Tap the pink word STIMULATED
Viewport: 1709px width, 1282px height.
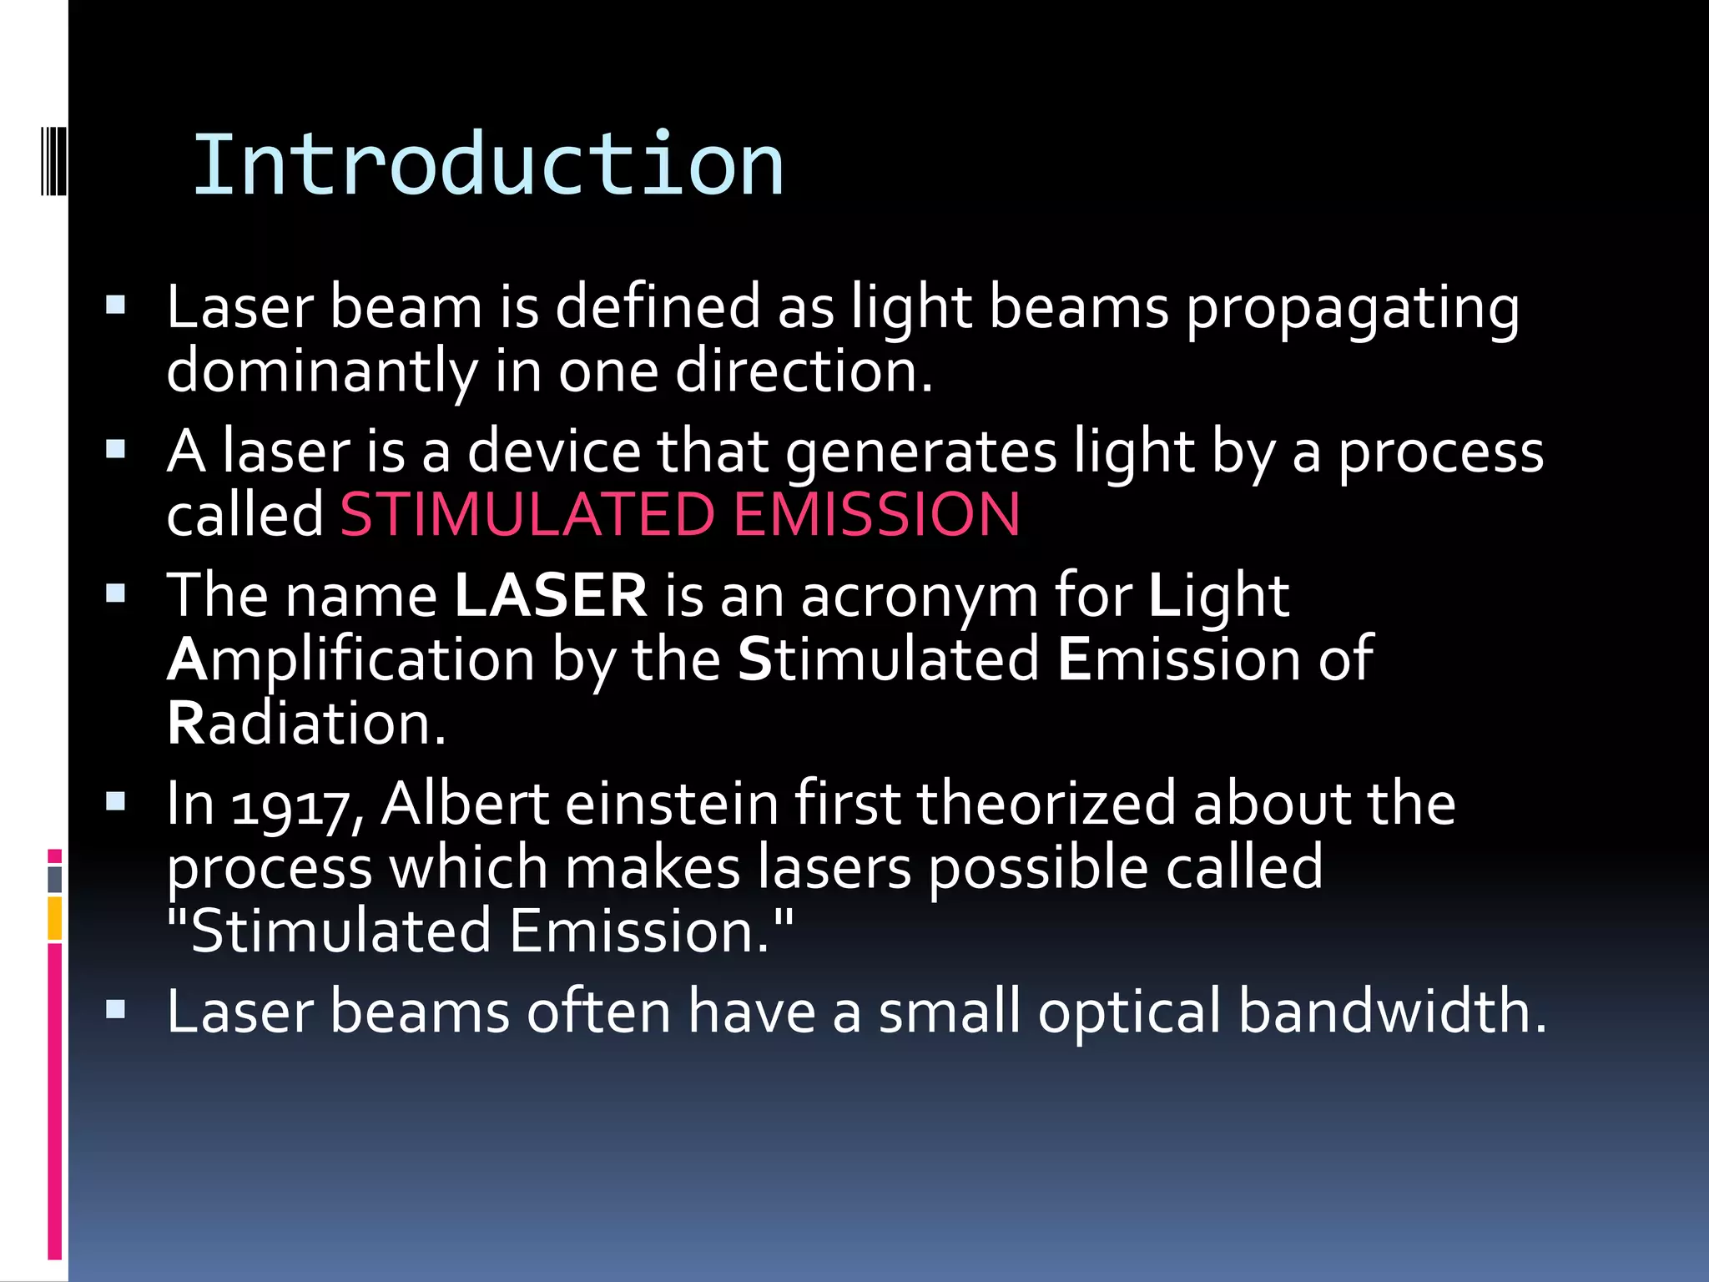click(527, 513)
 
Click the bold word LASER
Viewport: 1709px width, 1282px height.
click(551, 595)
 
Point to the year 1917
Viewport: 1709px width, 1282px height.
click(288, 805)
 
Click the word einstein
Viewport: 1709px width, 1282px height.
click(672, 804)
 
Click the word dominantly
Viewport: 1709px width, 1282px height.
click(321, 371)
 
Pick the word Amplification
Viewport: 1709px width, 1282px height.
click(350, 659)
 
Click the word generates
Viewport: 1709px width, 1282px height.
click(921, 452)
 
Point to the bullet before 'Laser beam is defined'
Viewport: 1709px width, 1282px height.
click(116, 305)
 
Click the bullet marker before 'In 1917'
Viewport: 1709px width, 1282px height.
click(116, 802)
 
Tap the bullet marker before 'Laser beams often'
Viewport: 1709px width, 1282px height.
click(116, 1010)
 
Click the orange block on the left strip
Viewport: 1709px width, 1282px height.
click(55, 918)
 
